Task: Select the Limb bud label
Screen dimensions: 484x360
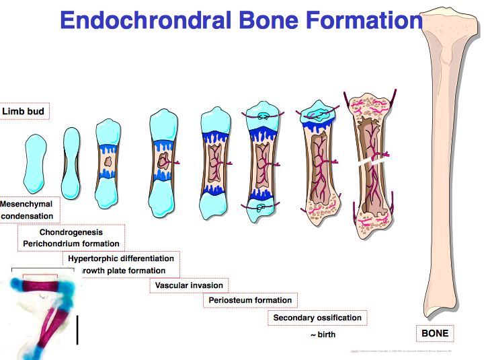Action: [25, 111]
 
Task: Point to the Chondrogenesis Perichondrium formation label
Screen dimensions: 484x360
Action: [71, 238]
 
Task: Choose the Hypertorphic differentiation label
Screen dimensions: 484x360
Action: [120, 258]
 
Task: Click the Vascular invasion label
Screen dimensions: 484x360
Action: [189, 285]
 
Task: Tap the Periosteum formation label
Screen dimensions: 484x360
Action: [250, 300]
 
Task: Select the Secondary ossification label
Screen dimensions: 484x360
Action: [317, 318]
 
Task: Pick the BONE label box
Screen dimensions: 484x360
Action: [434, 333]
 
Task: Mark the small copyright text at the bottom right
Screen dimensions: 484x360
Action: [403, 351]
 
